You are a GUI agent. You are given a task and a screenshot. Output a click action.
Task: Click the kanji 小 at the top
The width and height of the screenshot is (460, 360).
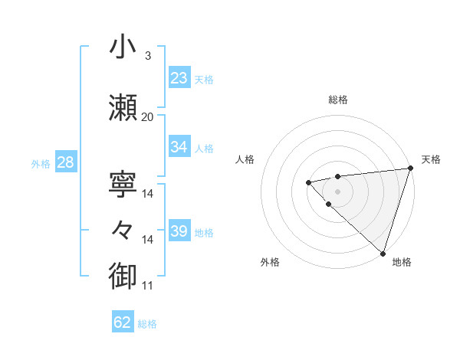123,47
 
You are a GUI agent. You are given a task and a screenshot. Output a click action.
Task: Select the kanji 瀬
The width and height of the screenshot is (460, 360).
123,108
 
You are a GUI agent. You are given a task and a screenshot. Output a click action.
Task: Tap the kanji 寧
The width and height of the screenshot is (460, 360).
123,185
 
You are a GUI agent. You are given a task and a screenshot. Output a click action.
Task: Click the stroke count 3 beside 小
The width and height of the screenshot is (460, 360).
147,56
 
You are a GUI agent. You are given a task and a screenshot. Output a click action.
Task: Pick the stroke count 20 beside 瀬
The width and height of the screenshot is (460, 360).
147,117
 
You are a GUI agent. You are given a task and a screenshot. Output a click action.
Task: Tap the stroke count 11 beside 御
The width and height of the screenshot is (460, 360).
147,286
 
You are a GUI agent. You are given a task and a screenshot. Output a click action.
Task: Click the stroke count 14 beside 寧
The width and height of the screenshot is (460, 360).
148,194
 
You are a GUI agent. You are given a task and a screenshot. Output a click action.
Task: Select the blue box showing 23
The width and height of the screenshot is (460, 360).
179,78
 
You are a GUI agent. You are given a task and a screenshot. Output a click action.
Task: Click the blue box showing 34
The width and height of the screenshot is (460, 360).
179,147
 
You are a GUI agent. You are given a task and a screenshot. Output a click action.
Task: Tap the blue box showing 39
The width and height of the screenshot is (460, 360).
179,231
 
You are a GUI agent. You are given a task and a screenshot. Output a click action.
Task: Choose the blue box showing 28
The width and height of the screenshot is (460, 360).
65,162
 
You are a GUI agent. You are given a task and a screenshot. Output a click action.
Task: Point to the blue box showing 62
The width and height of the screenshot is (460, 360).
123,322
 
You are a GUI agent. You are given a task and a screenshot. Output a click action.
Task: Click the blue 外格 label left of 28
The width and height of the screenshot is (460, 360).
41,163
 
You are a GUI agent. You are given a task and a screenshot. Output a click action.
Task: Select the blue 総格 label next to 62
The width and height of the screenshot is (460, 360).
147,324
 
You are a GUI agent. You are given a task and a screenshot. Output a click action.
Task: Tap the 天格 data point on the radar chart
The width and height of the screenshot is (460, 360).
409,169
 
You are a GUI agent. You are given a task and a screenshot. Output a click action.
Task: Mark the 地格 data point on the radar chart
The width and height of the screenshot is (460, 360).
383,253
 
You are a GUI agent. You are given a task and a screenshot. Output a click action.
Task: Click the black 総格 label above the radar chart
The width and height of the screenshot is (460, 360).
337,100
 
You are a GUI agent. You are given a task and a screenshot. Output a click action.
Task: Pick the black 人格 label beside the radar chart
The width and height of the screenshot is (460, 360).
245,159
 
